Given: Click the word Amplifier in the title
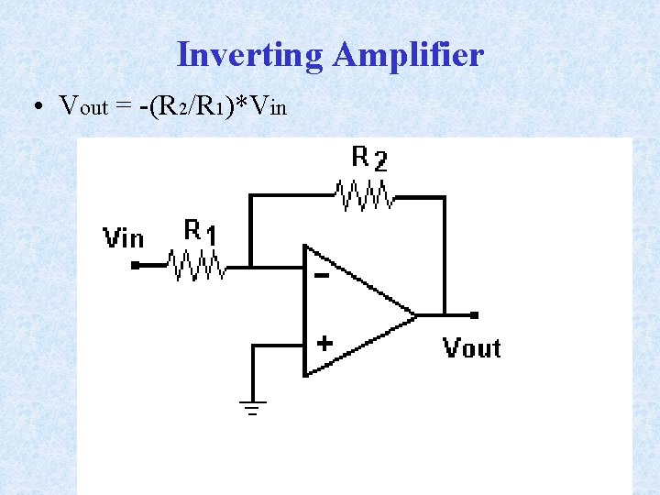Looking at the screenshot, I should (x=408, y=55).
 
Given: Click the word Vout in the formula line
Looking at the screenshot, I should (x=83, y=106).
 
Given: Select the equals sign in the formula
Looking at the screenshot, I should (x=125, y=106).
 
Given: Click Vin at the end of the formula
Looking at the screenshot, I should (x=268, y=106).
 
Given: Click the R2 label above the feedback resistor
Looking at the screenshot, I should (x=369, y=159).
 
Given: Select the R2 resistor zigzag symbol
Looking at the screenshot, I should (x=365, y=195).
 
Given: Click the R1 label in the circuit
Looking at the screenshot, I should (x=200, y=231).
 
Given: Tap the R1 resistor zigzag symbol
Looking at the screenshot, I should (x=197, y=266).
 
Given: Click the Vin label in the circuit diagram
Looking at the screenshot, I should (x=124, y=238).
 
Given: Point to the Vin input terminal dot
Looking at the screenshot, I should (x=136, y=266).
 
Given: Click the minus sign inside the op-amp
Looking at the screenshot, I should (x=322, y=275).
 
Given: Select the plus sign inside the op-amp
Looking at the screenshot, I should (x=324, y=344).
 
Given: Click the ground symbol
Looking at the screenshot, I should (x=254, y=406).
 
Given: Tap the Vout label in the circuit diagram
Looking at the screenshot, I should (x=471, y=348).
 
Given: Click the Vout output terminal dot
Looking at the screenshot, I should (x=474, y=315).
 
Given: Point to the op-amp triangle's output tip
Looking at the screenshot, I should (x=415, y=315).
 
